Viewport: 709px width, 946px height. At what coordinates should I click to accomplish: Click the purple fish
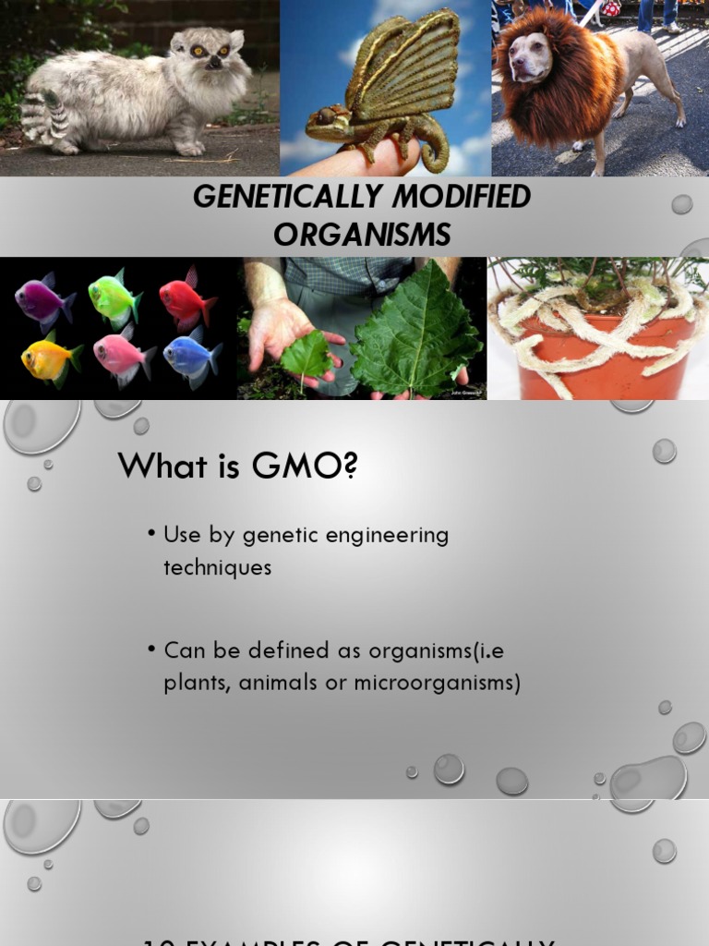(x=42, y=301)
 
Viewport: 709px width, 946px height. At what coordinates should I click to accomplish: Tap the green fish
(x=113, y=298)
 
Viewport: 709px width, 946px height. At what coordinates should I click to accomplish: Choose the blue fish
(x=189, y=355)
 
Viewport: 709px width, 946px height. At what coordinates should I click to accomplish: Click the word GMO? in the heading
(x=310, y=467)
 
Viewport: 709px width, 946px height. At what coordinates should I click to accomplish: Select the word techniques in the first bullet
(x=218, y=567)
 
